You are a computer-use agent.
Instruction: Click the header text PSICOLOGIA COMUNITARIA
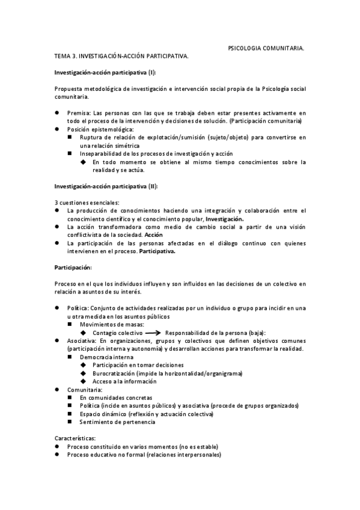pyautogui.click(x=266, y=46)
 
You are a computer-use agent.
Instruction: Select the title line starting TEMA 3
pyautogui.click(x=121, y=55)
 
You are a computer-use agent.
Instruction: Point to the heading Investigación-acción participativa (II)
pyautogui.click(x=106, y=186)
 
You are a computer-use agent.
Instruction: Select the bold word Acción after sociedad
pyautogui.click(x=154, y=235)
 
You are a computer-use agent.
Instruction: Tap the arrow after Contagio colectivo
pyautogui.click(x=154, y=333)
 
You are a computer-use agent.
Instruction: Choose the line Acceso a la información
pyautogui.click(x=124, y=381)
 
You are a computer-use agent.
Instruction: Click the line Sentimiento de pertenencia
pyautogui.click(x=117, y=422)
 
